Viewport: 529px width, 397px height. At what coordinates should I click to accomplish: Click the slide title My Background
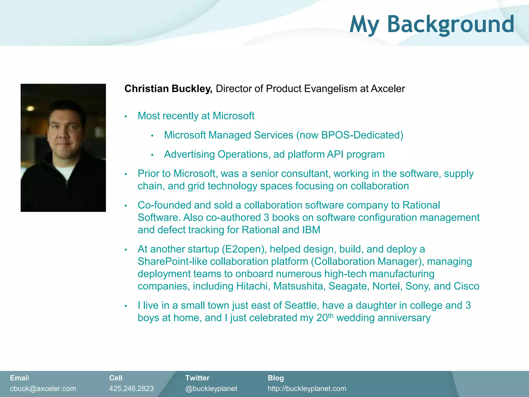point(432,24)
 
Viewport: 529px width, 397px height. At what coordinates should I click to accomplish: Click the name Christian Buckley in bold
point(168,89)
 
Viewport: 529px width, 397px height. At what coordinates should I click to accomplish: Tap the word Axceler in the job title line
point(388,89)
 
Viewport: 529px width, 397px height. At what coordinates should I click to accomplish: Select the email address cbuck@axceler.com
point(43,388)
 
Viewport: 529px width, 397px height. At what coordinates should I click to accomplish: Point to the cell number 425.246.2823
point(131,388)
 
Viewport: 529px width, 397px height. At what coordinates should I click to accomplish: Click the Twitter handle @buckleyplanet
point(211,388)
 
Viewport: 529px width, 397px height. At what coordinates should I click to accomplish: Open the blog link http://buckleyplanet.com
point(307,388)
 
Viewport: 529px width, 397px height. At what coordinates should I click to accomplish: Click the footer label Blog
point(276,378)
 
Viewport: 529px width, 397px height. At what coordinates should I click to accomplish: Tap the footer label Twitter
point(197,378)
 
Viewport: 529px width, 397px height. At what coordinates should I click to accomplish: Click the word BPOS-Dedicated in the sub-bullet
point(360,135)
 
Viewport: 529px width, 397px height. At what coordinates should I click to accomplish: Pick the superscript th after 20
point(331,316)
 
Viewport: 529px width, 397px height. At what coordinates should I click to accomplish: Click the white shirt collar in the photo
point(65,172)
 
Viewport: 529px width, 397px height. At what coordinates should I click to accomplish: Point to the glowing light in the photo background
point(30,109)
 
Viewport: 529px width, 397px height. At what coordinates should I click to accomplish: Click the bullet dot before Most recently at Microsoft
point(126,117)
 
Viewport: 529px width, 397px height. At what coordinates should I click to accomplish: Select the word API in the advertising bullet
point(335,155)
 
